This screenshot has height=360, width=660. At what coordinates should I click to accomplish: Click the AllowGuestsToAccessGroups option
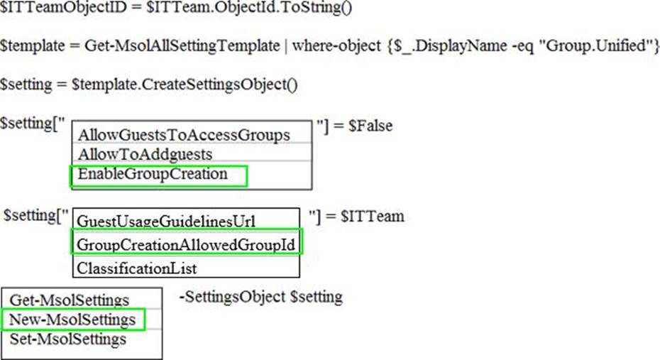click(x=184, y=135)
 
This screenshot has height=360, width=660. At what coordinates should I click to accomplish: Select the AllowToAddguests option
click(x=145, y=155)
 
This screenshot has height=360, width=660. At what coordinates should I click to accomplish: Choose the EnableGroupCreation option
click(x=153, y=174)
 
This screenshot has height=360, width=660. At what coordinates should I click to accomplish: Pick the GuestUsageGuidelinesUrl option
click(x=166, y=222)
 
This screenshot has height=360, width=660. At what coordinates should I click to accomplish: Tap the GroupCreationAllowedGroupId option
click(x=186, y=245)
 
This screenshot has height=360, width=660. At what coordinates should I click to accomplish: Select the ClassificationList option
click(x=137, y=268)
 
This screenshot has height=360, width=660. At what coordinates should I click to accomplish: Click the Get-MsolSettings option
click(x=70, y=300)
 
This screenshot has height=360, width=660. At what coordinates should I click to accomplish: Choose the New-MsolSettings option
click(x=72, y=320)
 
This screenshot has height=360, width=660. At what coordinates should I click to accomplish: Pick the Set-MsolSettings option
click(x=67, y=339)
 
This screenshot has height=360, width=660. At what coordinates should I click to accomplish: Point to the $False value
click(x=370, y=126)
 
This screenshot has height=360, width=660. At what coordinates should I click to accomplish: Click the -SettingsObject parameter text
click(x=232, y=297)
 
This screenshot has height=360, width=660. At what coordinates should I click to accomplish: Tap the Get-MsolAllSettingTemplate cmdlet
click(x=182, y=45)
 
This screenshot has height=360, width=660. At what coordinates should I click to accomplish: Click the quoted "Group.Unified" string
click(x=593, y=45)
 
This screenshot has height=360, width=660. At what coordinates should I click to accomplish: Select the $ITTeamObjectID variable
click(x=63, y=7)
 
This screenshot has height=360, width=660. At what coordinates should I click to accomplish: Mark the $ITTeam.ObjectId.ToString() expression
click(x=249, y=7)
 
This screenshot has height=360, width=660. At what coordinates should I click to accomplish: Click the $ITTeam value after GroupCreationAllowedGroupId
click(x=373, y=217)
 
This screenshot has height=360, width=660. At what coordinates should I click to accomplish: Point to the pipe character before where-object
click(x=286, y=45)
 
